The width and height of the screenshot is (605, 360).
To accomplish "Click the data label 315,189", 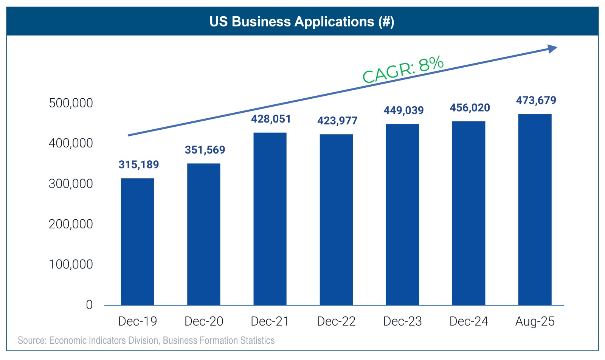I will [139, 165].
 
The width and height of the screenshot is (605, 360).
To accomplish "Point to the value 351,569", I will [205, 150].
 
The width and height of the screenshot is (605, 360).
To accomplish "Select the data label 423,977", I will [337, 121].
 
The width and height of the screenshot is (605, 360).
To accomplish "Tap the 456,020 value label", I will [470, 108].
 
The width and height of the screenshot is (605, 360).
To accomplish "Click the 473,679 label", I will [536, 101].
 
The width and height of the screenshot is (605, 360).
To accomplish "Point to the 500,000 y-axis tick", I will [71, 103].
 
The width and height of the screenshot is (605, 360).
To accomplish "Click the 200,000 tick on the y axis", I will [71, 224].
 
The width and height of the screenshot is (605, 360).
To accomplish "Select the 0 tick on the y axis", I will [89, 305].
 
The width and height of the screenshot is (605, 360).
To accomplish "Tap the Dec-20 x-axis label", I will [204, 321].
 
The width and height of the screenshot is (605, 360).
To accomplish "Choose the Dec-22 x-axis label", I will [336, 321].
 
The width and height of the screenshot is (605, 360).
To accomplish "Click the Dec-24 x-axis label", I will [469, 321].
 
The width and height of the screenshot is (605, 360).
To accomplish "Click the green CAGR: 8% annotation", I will [403, 70].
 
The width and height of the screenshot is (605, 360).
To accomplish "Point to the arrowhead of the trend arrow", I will [552, 49].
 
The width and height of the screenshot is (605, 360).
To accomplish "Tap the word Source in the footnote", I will [32, 340].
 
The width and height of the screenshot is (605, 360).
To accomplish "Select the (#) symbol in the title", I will [386, 22].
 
